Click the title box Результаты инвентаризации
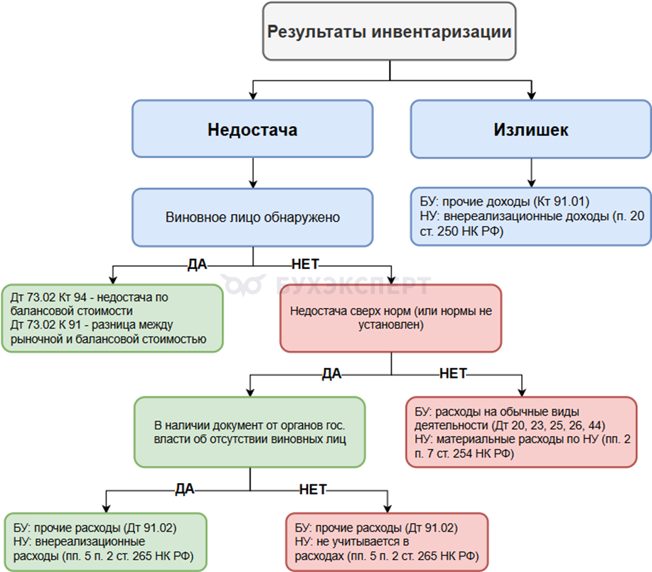click(x=389, y=32)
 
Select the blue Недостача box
click(x=252, y=129)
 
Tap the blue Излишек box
click(x=530, y=129)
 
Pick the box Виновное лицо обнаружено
click(x=252, y=218)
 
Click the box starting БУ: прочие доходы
click(x=530, y=217)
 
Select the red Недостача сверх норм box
click(x=390, y=318)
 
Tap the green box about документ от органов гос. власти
click(x=250, y=432)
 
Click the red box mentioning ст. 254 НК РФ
click(x=521, y=432)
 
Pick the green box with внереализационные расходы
click(x=105, y=541)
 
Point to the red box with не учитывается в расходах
click(x=388, y=541)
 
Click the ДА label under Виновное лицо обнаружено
click(x=196, y=265)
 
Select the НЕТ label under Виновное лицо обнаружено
click(x=306, y=265)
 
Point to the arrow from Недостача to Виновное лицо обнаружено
click(x=252, y=173)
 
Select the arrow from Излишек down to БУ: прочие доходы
click(x=530, y=173)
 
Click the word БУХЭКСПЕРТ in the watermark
click(x=352, y=286)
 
